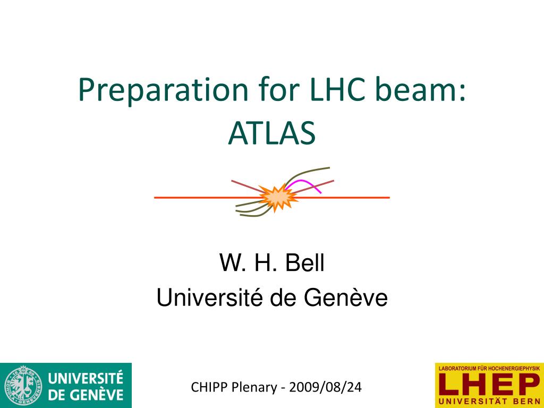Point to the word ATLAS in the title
coord(272,133)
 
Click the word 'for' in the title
coord(278,89)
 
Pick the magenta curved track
coord(303,185)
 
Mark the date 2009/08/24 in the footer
coord(326,387)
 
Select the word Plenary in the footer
coord(254,387)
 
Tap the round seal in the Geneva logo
coord(23,385)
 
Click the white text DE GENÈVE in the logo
coord(86,395)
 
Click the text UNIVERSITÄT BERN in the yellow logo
coord(489,402)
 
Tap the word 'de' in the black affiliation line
coord(283,297)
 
